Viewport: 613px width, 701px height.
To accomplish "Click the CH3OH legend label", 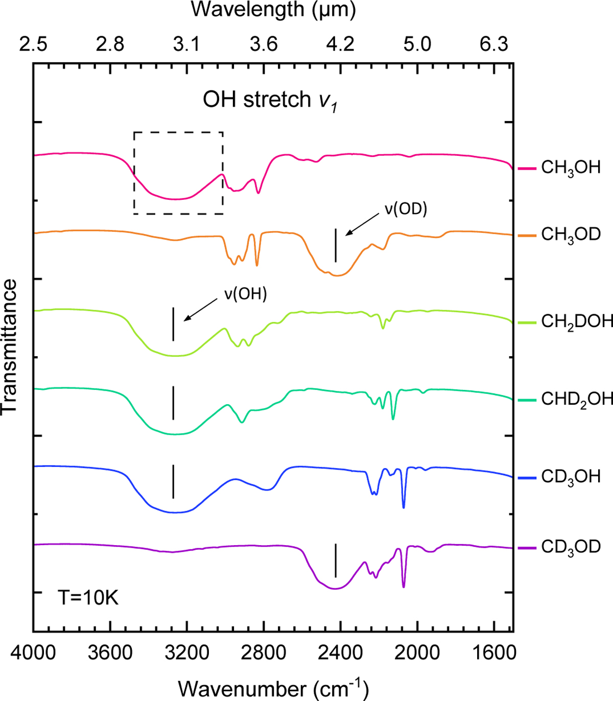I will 571,168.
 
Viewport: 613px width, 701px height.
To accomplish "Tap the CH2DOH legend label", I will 577,321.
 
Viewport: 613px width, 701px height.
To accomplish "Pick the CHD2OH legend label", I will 577,399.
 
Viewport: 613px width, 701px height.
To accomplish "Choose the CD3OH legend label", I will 571,477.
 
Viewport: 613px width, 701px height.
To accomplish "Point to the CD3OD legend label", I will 571,547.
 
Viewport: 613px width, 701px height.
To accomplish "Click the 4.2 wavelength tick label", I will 341,44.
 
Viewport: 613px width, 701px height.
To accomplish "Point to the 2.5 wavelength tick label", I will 33,44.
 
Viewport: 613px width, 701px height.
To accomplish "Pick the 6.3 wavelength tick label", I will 494,44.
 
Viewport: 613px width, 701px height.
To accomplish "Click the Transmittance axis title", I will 10,346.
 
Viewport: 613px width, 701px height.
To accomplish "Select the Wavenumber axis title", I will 273,688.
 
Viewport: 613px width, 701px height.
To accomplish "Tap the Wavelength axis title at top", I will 273,10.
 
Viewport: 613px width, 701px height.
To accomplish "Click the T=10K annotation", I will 88,597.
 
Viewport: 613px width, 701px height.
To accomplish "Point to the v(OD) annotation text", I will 406,208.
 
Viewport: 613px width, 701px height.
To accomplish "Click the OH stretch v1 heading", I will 270,100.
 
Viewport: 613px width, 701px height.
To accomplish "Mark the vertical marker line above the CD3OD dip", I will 336,560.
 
